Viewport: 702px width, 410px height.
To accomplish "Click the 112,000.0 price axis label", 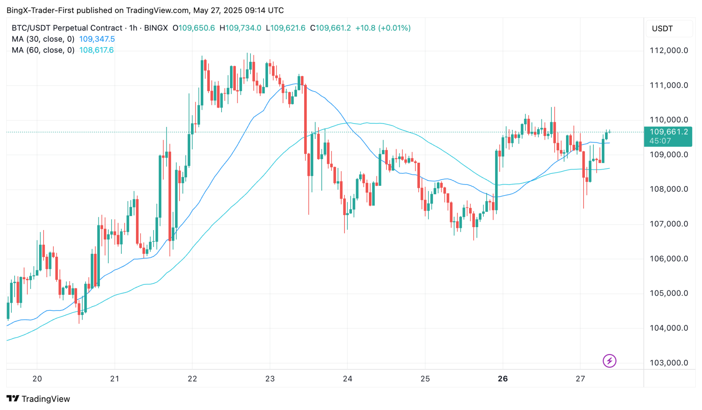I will tap(668, 50).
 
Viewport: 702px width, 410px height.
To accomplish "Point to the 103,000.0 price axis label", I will tap(668, 363).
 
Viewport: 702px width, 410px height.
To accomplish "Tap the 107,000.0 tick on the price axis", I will tap(668, 224).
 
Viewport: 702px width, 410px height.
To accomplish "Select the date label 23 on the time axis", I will tap(270, 379).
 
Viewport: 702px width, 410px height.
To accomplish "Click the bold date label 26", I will tap(503, 379).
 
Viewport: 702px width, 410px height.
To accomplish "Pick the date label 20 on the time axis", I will tap(37, 379).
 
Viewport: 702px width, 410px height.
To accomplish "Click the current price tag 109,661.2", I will tap(668, 132).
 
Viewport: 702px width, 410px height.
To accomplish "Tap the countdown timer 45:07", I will tap(660, 141).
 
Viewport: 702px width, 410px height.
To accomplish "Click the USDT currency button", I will tap(662, 29).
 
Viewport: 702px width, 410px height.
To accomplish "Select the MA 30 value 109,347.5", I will tap(97, 39).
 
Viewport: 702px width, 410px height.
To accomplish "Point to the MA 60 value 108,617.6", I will tap(96, 50).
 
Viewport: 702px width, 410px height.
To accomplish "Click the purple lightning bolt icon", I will tap(609, 361).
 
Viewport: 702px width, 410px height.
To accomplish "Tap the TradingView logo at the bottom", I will tap(38, 399).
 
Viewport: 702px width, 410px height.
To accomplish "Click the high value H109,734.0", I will tap(240, 28).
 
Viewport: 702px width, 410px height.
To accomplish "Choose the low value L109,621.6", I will tap(286, 28).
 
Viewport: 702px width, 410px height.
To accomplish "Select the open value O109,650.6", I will tap(194, 28).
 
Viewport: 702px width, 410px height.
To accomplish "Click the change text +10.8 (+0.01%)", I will tap(383, 28).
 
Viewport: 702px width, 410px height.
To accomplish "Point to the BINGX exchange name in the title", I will tap(156, 28).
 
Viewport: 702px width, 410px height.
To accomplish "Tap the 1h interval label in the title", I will tap(133, 28).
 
